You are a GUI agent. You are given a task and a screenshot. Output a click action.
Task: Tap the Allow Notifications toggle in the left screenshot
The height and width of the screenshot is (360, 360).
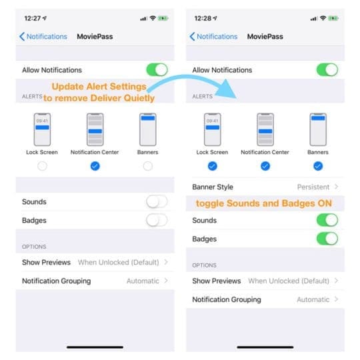[x=157, y=69]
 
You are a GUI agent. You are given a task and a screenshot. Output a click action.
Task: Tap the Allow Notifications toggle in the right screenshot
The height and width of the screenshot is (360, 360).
[x=327, y=69]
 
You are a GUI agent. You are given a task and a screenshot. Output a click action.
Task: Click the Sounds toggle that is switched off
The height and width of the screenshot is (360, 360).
[x=157, y=201]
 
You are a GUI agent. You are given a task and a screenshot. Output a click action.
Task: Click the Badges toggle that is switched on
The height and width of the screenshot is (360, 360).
[x=327, y=239]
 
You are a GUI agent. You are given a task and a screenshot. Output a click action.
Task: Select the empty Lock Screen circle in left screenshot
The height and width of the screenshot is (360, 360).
[x=43, y=166]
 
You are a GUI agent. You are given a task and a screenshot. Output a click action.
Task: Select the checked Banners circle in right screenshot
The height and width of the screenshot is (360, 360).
[x=317, y=166]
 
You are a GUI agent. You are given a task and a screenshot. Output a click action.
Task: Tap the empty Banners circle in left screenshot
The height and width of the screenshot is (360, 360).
[x=147, y=166]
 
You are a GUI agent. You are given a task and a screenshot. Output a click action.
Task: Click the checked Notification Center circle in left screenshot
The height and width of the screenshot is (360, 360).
[x=95, y=166]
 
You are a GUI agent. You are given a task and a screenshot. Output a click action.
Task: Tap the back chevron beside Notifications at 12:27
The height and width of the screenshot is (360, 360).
[x=22, y=37]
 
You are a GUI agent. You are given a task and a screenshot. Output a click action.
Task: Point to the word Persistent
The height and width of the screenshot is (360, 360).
[x=313, y=187]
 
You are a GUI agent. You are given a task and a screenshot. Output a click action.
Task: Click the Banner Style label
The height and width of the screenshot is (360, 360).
[x=213, y=187]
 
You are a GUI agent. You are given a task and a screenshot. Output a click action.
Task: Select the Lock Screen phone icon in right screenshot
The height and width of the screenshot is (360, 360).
[x=213, y=129]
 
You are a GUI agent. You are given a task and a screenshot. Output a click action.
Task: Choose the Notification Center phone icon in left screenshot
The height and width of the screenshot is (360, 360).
[x=95, y=129]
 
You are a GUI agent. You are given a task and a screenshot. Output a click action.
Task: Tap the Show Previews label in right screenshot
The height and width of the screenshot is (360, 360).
[x=216, y=281]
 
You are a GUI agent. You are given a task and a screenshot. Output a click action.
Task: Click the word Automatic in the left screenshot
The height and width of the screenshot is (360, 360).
[x=143, y=281]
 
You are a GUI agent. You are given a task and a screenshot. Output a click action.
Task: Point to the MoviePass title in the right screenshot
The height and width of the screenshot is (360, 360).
[x=265, y=37]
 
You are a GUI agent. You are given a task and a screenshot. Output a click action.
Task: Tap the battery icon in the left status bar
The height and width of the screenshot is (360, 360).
[x=162, y=18]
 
